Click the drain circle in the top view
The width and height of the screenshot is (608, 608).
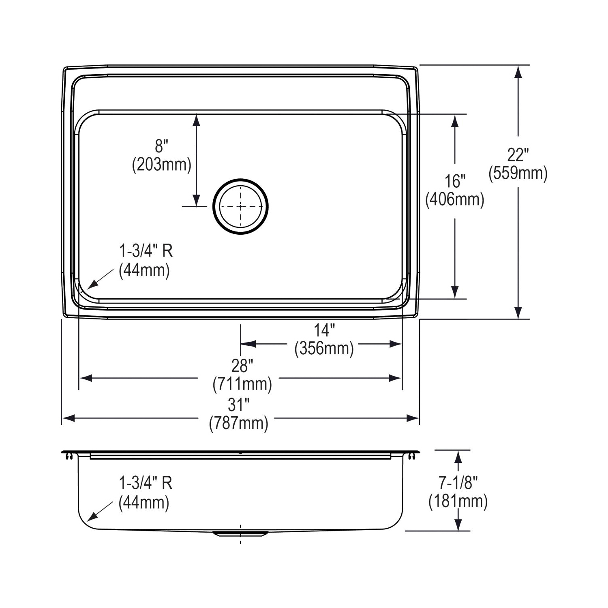(x=241, y=206)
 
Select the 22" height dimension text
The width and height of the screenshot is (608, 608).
(x=518, y=155)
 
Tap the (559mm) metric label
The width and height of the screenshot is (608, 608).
(x=518, y=173)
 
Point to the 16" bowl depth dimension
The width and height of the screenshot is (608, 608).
(x=455, y=181)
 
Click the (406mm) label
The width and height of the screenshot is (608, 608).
(x=455, y=199)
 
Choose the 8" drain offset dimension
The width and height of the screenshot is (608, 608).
(x=161, y=146)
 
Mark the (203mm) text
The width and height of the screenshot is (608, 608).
(x=161, y=165)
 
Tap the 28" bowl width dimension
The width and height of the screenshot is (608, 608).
(x=242, y=366)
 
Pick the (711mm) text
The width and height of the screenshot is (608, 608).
(x=242, y=384)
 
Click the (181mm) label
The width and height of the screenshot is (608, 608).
(x=458, y=501)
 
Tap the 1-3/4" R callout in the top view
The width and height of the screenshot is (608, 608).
(x=146, y=251)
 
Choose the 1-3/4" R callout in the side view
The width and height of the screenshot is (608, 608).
(x=146, y=483)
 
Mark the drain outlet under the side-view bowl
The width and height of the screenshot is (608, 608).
(x=240, y=533)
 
